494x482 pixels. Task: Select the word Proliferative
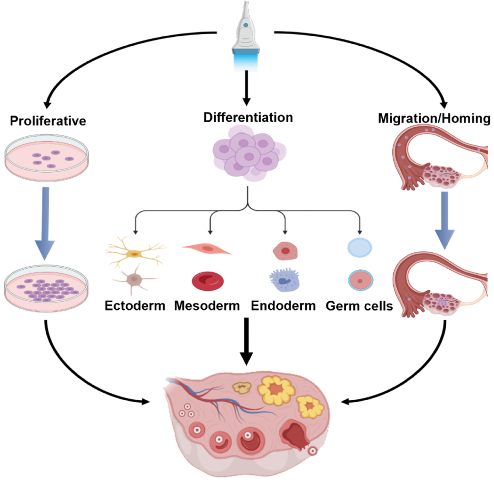click(x=48, y=121)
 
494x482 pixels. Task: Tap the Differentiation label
click(x=248, y=117)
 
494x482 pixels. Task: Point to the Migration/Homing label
click(x=434, y=118)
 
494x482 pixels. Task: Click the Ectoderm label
click(x=135, y=305)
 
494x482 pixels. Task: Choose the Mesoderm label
click(x=207, y=305)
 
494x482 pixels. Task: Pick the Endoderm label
click(x=283, y=305)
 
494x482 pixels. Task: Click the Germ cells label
click(x=359, y=305)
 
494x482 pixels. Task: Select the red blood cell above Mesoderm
click(x=208, y=281)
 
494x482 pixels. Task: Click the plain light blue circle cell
click(x=360, y=248)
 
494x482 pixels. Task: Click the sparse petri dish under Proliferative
click(x=46, y=158)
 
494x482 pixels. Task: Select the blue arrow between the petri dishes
click(x=45, y=222)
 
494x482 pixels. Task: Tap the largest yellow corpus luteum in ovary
click(x=276, y=390)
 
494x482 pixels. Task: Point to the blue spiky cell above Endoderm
click(x=284, y=280)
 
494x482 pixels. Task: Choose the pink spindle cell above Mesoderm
click(x=207, y=249)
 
